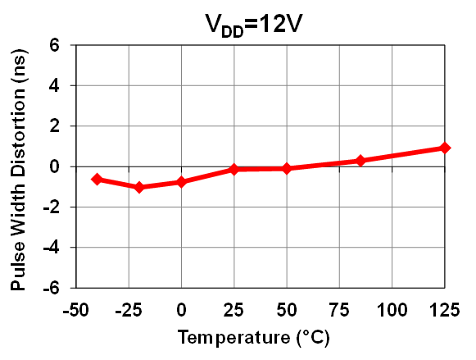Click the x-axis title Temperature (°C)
(x=260, y=337)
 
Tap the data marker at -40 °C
(x=97, y=179)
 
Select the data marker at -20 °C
(x=139, y=187)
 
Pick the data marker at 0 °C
(x=182, y=182)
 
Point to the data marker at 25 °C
(x=234, y=169)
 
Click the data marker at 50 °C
(x=287, y=168)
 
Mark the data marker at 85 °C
(x=360, y=161)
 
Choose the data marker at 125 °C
(x=445, y=148)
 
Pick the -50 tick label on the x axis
(x=75, y=309)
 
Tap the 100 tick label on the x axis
(x=392, y=309)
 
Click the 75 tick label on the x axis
(x=339, y=309)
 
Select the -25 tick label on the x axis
(x=128, y=309)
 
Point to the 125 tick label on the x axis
(x=444, y=309)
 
